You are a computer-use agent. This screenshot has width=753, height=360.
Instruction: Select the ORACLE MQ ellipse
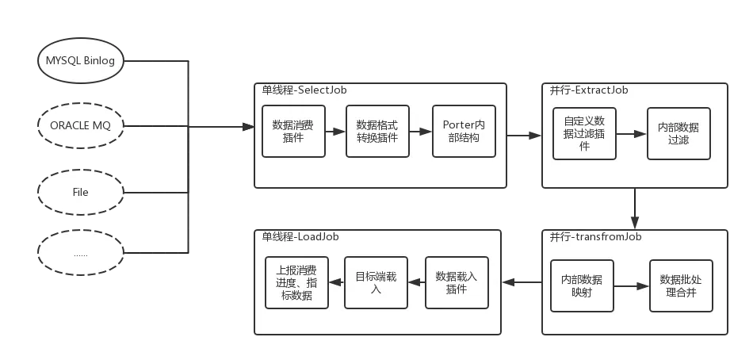[81, 125]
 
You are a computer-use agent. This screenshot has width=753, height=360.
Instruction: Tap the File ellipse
[81, 193]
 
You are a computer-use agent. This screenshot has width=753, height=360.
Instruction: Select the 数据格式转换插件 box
[377, 132]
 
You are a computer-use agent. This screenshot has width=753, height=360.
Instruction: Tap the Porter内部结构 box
[464, 132]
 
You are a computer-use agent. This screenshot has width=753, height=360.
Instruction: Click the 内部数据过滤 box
[678, 134]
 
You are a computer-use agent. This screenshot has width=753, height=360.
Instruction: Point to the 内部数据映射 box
[582, 285]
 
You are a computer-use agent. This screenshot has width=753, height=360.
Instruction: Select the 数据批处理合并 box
[681, 285]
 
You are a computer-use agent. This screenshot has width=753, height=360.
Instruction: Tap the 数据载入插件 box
[457, 282]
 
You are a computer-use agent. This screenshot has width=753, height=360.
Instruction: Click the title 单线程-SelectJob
[304, 90]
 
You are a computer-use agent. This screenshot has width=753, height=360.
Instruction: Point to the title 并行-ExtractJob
[589, 90]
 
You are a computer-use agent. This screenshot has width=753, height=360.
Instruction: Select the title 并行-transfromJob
[595, 237]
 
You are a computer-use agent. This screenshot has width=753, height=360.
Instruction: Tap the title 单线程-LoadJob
[300, 236]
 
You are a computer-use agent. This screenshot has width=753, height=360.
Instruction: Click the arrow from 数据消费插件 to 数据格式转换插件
[335, 132]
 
